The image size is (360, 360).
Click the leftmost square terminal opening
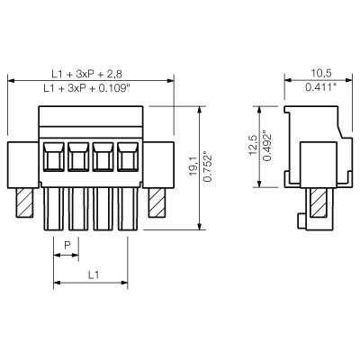tap(53, 157)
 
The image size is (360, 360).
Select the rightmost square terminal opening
tap(126, 157)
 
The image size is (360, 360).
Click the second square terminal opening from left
tap(77, 157)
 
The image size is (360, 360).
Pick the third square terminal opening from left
tap(102, 157)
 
